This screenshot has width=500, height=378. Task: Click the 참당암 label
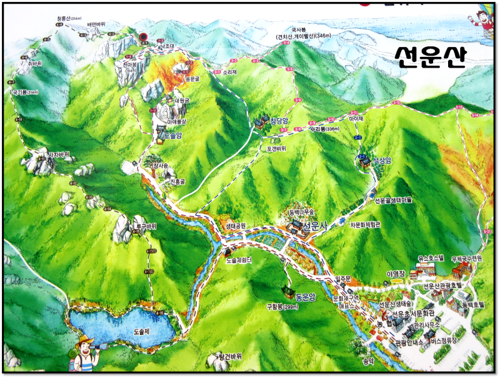pyautogui.click(x=279, y=120)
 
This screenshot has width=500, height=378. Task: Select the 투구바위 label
pyautogui.click(x=146, y=226)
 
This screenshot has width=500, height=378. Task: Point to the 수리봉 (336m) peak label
pyautogui.click(x=324, y=129)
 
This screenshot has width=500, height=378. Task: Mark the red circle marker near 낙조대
pyautogui.click(x=144, y=37)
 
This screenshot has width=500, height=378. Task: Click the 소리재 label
pyautogui.click(x=229, y=71)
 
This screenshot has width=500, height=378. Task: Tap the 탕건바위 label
pyautogui.click(x=229, y=356)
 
